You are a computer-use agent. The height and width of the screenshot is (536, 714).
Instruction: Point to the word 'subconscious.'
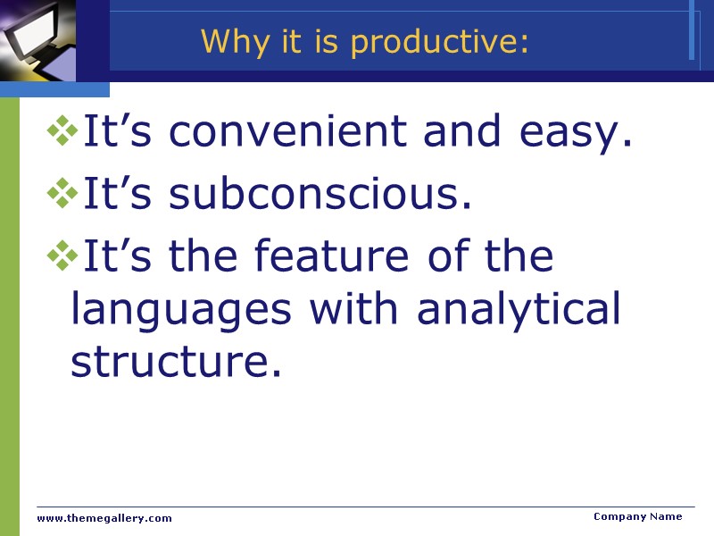(320, 195)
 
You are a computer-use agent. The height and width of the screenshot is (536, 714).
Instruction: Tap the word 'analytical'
(519, 309)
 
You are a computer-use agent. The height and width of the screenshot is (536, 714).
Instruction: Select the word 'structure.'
(176, 360)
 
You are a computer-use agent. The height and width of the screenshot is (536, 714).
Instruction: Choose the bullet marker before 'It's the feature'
(62, 257)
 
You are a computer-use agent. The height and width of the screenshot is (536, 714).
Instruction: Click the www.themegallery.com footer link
(104, 518)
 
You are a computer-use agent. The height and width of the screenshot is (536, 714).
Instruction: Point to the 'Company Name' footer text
(637, 516)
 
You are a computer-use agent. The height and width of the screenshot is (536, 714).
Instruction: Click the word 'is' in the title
(322, 42)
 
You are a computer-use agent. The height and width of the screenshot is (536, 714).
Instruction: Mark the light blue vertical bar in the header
(692, 29)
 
